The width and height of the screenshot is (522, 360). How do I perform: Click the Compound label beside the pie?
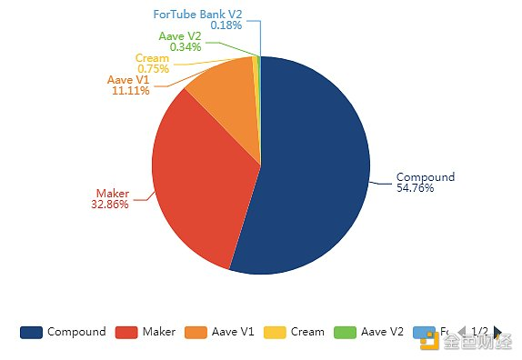425,176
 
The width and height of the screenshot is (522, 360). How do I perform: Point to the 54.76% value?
415,188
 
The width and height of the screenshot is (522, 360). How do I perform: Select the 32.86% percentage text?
110,205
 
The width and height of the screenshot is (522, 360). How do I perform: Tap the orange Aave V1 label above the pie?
128,80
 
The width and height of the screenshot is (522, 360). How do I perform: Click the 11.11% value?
130,92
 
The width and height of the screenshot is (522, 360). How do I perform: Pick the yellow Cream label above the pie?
151,58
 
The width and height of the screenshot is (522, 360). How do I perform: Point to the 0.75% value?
153,69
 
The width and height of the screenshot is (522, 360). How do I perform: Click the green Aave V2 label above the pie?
180,35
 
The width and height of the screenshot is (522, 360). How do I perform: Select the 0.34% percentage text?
186,46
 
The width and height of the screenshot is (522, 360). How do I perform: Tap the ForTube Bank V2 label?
197,14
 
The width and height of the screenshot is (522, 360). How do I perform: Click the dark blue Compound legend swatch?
31,332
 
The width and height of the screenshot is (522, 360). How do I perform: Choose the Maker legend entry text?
158,332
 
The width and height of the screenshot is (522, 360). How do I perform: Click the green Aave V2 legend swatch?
346,332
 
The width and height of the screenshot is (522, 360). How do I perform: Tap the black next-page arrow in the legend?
497,332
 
